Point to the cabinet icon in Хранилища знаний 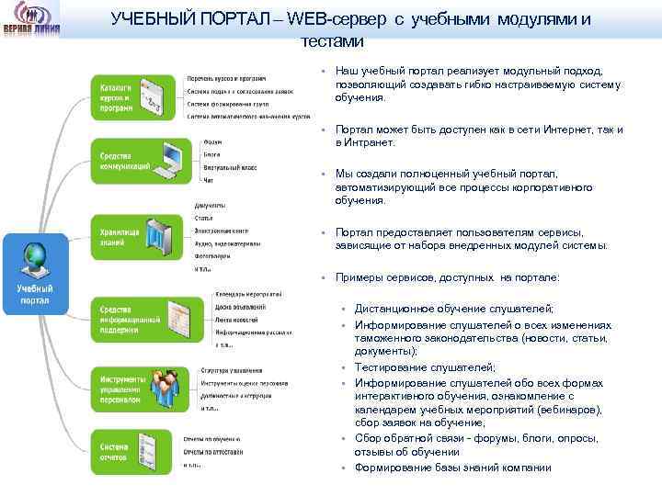[x=162, y=238]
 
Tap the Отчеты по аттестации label [x=218, y=452]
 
